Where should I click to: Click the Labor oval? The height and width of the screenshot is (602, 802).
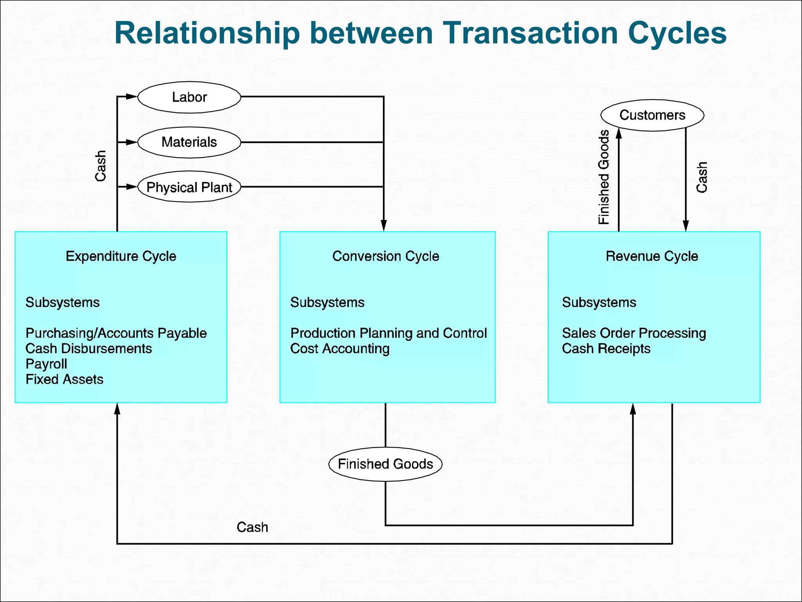(x=189, y=97)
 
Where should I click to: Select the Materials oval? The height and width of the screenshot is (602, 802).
(x=189, y=142)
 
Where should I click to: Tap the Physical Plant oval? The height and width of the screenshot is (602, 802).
(x=189, y=187)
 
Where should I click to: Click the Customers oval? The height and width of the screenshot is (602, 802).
(x=652, y=115)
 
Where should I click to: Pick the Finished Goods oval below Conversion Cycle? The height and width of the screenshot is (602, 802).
(x=385, y=464)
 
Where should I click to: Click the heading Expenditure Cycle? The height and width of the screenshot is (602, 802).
(x=121, y=256)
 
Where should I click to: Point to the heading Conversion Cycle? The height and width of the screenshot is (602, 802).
(x=386, y=256)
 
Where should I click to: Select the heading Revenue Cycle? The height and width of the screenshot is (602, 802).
(x=652, y=256)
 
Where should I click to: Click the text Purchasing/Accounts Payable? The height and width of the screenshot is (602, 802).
(x=116, y=333)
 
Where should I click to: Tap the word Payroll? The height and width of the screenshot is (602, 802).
(x=46, y=364)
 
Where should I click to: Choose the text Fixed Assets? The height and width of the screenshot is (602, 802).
(x=64, y=379)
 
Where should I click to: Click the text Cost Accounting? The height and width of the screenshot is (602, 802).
(x=340, y=349)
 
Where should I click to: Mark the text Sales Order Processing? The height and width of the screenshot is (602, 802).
(x=634, y=333)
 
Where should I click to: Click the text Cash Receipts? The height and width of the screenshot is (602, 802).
(x=606, y=349)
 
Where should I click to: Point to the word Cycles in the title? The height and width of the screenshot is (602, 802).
(x=677, y=33)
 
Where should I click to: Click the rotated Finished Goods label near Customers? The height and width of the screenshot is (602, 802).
(x=604, y=177)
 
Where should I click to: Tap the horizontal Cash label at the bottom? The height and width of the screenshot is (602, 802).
(x=252, y=528)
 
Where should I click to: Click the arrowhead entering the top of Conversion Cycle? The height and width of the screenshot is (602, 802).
(x=384, y=226)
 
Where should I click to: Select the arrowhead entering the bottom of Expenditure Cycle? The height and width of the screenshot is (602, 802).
(x=117, y=409)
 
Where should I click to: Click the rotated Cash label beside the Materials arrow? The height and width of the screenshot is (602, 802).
(x=101, y=166)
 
